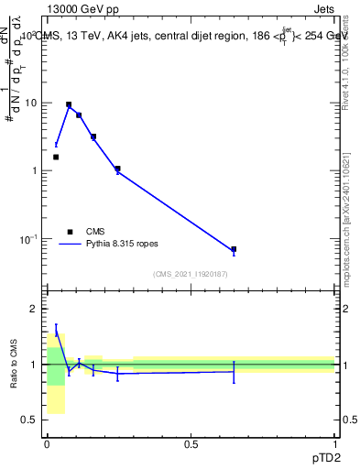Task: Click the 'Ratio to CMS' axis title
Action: click(13, 365)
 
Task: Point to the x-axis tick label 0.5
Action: click(191, 443)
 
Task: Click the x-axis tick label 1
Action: click(334, 443)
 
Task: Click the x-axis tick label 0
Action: click(47, 443)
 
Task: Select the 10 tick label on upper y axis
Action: click(29, 103)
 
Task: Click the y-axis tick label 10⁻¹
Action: click(27, 239)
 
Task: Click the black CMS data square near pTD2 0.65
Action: click(234, 249)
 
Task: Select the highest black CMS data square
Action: click(69, 105)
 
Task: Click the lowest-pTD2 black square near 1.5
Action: click(56, 157)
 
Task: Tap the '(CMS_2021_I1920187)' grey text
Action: click(191, 275)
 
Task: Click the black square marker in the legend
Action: click(70, 232)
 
